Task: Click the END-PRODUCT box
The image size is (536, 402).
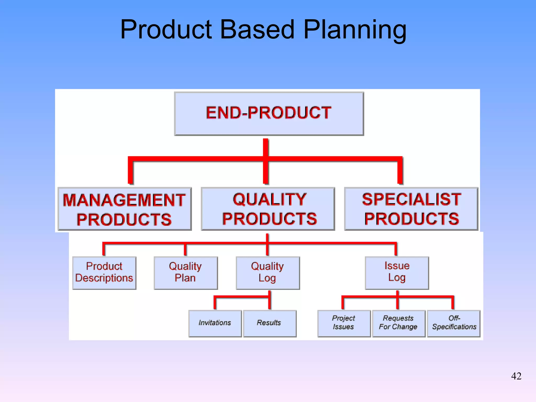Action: [x=269, y=113]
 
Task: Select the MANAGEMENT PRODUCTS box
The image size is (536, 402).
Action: [x=125, y=209]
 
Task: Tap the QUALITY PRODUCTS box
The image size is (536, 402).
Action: [x=268, y=209]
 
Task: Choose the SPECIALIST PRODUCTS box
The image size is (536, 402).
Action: [x=411, y=209]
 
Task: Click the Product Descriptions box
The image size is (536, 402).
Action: [x=104, y=273]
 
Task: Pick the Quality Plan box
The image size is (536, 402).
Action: [x=186, y=273]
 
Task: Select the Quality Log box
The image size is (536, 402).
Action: [x=267, y=273]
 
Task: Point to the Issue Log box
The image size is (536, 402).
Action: [x=397, y=272]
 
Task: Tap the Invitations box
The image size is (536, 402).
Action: [x=215, y=323]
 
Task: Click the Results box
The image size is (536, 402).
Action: [x=270, y=323]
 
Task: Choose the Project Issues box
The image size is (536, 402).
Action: [x=344, y=323]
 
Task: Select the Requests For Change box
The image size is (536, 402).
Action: [x=398, y=323]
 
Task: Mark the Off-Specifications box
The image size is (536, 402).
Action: [x=454, y=323]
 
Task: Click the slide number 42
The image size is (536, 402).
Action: [x=516, y=376]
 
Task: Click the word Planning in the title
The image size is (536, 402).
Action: [x=355, y=30]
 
